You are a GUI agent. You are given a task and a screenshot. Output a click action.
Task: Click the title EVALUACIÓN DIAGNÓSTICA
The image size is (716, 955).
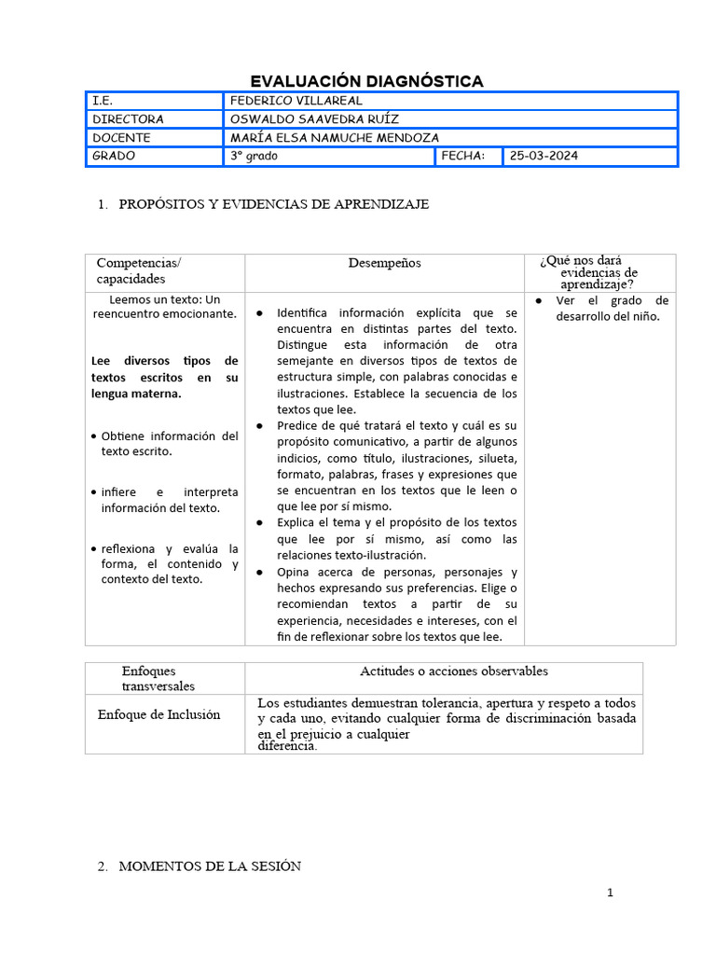(366, 81)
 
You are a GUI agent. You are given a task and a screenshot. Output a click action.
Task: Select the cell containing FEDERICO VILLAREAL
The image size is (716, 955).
(296, 101)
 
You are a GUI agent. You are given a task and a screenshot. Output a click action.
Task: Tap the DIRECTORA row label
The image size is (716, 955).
(128, 119)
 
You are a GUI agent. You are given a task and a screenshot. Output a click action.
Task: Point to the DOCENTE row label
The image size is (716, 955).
(121, 138)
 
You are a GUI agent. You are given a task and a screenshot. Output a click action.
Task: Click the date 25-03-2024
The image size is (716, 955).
(544, 157)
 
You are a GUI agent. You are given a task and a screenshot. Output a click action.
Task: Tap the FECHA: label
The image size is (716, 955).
(463, 157)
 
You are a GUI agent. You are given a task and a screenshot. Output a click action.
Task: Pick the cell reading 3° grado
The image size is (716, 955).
(255, 157)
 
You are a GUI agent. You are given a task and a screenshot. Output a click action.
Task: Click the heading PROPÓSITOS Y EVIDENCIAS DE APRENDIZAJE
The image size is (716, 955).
(274, 204)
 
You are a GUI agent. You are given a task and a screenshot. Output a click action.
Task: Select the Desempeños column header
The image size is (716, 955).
(384, 263)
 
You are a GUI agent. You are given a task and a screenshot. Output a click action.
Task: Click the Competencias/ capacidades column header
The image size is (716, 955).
(139, 270)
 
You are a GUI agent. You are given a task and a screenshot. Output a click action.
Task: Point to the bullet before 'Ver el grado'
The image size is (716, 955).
(540, 301)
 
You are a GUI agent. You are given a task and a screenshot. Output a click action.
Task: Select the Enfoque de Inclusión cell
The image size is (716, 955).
(158, 714)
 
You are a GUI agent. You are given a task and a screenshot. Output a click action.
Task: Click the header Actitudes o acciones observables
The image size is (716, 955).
(454, 671)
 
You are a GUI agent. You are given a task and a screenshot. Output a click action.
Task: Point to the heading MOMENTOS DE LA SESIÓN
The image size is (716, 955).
(209, 866)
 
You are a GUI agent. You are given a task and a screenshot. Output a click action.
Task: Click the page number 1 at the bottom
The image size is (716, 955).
(611, 893)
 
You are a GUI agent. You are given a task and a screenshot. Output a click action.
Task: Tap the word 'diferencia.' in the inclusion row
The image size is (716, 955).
(287, 746)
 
